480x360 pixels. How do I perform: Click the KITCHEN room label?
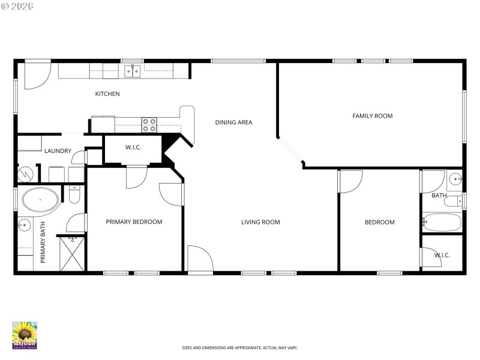click(107, 94)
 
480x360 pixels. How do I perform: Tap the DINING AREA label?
click(233, 122)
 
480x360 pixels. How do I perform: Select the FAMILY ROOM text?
click(372, 116)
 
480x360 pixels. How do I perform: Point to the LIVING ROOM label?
click(260, 223)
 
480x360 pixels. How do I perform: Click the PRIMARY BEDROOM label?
click(134, 222)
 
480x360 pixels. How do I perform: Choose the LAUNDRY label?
click(58, 151)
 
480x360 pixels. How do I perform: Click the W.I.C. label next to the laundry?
click(133, 147)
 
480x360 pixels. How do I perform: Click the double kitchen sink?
click(132, 71)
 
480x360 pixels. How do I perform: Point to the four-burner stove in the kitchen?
click(149, 125)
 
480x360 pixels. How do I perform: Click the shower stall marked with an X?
click(72, 255)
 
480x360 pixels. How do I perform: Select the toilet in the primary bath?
click(74, 194)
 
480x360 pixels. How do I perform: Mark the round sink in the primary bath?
click(24, 226)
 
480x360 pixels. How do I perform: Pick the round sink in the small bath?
click(455, 178)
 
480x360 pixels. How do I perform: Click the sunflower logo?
click(25, 335)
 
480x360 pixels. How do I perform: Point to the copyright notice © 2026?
click(17, 6)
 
